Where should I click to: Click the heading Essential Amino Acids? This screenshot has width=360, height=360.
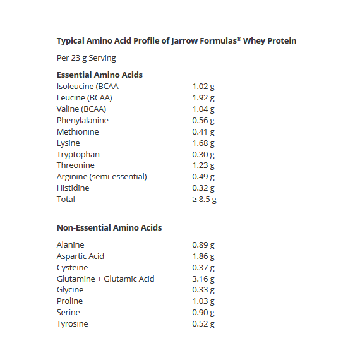[100, 75]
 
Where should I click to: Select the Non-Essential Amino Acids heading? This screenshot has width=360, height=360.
[109, 227]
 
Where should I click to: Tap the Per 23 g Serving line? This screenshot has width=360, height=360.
[87, 58]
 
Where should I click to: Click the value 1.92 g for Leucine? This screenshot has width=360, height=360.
[203, 98]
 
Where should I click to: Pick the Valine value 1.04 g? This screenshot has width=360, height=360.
[203, 109]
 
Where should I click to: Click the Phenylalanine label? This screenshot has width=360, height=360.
[83, 121]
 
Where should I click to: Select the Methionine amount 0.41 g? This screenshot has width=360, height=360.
[203, 132]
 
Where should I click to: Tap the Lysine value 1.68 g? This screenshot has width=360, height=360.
[203, 143]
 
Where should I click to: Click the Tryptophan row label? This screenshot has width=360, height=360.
[78, 155]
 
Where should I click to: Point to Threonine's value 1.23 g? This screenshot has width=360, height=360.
[203, 165]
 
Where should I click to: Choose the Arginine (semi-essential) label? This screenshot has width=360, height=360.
[102, 177]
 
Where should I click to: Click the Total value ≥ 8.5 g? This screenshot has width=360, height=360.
[205, 200]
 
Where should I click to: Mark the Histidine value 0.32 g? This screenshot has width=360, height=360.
[203, 188]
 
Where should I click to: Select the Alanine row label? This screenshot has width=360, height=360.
[71, 245]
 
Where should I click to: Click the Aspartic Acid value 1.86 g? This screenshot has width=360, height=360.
[203, 256]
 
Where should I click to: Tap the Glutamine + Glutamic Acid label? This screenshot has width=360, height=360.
[105, 279]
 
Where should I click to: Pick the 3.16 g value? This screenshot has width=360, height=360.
[203, 279]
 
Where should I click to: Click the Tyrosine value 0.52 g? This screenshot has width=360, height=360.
[203, 324]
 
